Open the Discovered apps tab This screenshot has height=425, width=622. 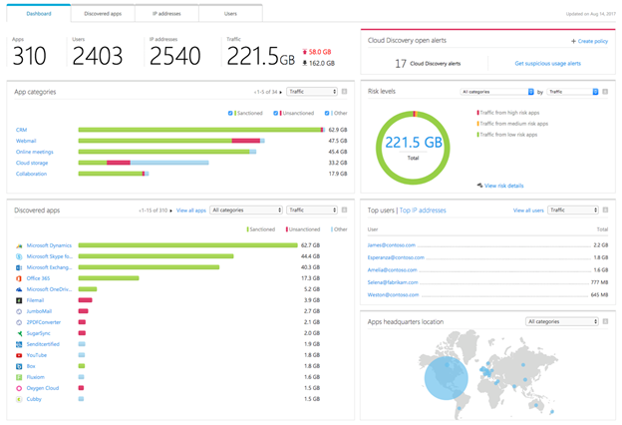[x=103, y=13]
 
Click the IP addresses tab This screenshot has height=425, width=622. [x=167, y=13]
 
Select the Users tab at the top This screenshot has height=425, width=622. [x=230, y=13]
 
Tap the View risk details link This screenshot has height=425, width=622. [x=502, y=186]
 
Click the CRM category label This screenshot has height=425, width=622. [x=22, y=130]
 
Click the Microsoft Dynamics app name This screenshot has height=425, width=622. [x=51, y=244]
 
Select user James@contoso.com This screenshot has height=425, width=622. [x=390, y=244]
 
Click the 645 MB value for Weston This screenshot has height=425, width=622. [x=599, y=295]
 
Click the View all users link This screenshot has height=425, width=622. [x=527, y=211]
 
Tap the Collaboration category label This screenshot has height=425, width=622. [x=31, y=174]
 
